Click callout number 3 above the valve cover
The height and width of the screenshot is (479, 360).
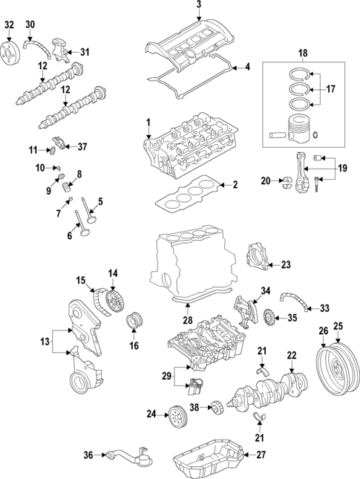click(x=199, y=6)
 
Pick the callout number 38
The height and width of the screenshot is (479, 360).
click(x=194, y=407)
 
